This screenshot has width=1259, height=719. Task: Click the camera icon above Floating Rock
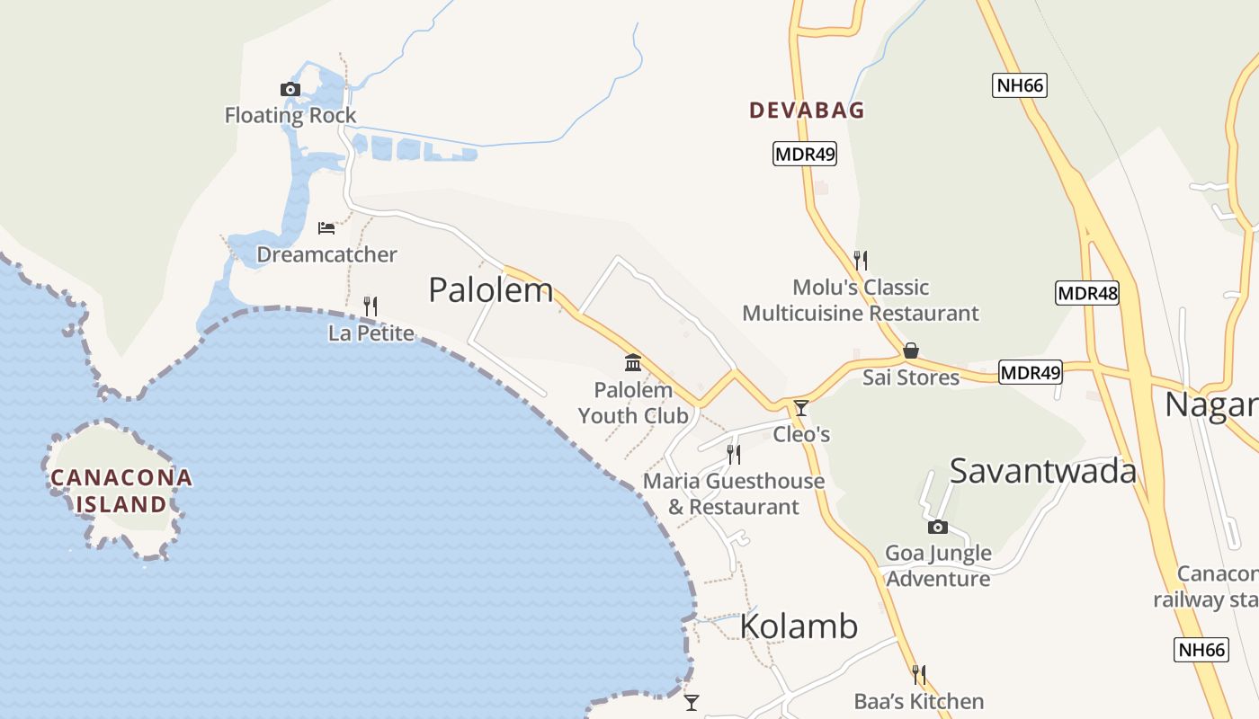click(290, 89)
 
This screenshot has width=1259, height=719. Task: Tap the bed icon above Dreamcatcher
click(326, 228)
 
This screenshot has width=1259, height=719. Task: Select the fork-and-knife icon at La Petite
click(370, 306)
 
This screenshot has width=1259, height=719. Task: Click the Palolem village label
click(490, 290)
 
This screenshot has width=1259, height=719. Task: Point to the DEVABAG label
click(807, 111)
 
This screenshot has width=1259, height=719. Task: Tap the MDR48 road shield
click(1087, 293)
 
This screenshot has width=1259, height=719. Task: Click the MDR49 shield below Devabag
click(805, 154)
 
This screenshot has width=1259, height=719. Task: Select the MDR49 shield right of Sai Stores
click(1031, 372)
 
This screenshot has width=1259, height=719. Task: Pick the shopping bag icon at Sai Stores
click(911, 351)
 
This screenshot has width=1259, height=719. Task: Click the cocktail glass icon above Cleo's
click(801, 408)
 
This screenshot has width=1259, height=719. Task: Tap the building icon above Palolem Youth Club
click(633, 363)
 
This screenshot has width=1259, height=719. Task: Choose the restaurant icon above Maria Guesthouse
click(734, 455)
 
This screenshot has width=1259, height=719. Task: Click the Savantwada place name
click(1043, 471)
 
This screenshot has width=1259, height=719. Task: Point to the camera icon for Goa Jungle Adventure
click(938, 527)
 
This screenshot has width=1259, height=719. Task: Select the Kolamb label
click(799, 626)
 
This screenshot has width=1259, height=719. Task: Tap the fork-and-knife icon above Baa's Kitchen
click(919, 675)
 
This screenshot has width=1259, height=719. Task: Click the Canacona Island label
click(121, 491)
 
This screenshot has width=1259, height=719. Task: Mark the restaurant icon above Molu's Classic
click(861, 261)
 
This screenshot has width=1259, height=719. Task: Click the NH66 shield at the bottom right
click(1201, 650)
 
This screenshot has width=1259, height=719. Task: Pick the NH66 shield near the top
click(1020, 85)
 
